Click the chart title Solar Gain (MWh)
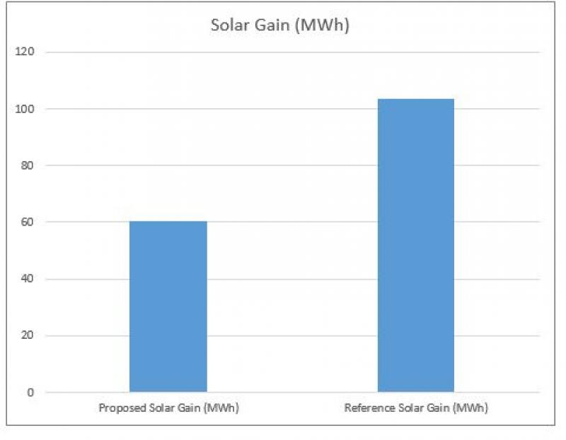281,25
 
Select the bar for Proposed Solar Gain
168,306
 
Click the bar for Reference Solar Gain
416,245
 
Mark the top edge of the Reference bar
416,99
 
